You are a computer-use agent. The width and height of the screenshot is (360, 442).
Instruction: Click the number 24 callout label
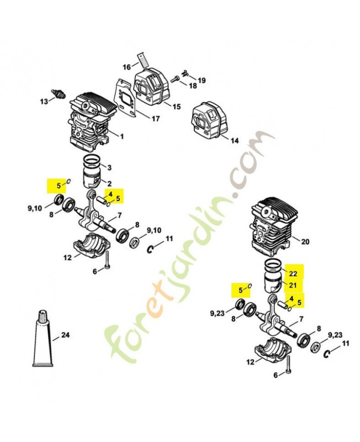tap(66, 334)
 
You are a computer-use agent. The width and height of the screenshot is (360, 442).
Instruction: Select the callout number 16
tap(126, 67)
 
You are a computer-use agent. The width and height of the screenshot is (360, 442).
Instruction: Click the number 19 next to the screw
tap(202, 80)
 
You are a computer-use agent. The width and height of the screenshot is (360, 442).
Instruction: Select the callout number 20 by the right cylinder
tap(305, 240)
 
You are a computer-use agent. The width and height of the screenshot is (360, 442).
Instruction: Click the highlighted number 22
tap(293, 273)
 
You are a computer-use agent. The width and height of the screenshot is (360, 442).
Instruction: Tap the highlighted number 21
tap(293, 285)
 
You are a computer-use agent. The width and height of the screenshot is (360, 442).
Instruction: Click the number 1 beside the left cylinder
tap(121, 136)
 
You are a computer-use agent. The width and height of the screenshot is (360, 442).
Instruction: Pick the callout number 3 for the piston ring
tap(109, 167)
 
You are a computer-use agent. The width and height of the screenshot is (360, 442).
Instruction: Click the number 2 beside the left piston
tap(109, 183)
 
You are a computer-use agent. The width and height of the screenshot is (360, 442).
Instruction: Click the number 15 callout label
tap(177, 107)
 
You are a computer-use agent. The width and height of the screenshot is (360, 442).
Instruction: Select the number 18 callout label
tap(193, 86)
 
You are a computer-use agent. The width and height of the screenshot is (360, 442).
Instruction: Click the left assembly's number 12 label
tap(67, 257)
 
